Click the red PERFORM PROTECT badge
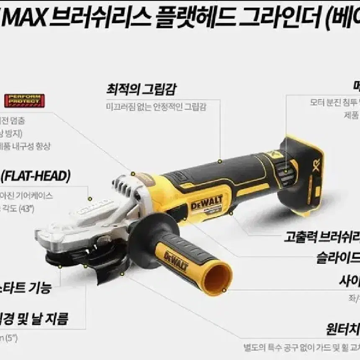(x=25, y=100)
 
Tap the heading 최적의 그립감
(x=141, y=89)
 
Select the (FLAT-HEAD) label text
(x=36, y=176)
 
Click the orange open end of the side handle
(x=217, y=278)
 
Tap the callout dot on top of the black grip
(x=220, y=161)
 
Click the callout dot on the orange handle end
(x=224, y=289)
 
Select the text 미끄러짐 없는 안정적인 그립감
(x=156, y=106)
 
